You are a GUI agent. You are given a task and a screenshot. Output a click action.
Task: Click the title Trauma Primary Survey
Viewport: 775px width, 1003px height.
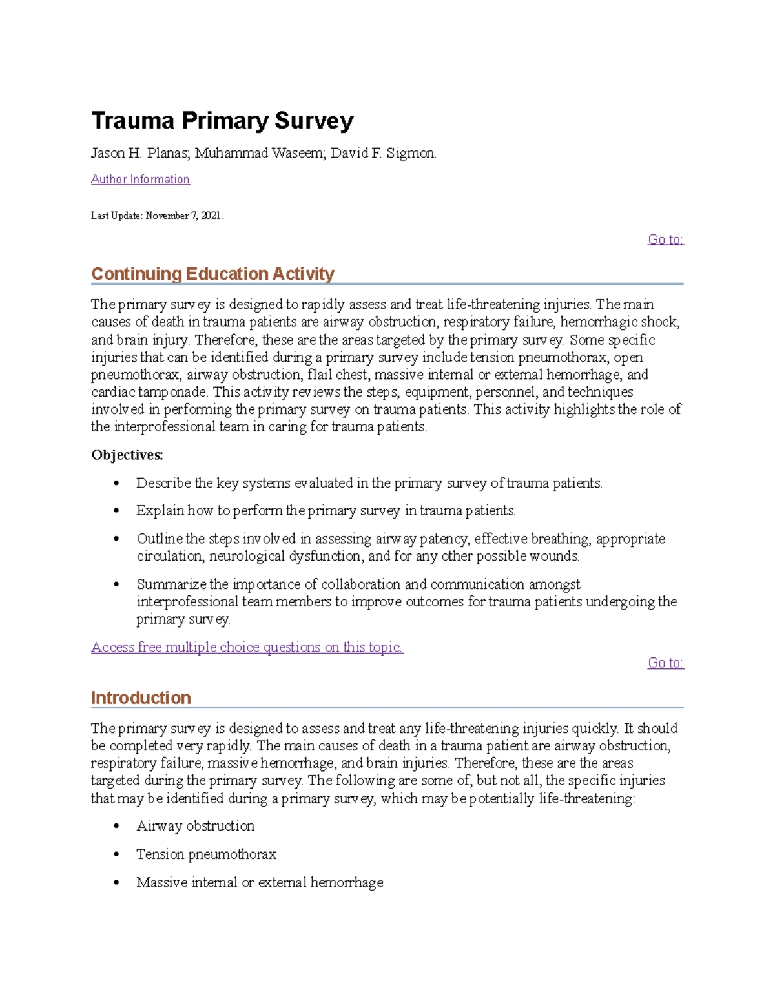pyautogui.click(x=222, y=121)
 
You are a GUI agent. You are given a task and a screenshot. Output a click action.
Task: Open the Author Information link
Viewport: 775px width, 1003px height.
pyautogui.click(x=140, y=180)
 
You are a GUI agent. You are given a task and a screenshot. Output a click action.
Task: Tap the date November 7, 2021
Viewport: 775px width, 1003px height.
pyautogui.click(x=183, y=216)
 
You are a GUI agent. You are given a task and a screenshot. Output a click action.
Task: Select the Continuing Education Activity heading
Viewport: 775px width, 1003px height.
pyautogui.click(x=212, y=274)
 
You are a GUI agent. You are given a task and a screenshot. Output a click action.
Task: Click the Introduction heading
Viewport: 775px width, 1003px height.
pyautogui.click(x=141, y=698)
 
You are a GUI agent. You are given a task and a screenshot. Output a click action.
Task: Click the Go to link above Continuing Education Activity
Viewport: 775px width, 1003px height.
pyautogui.click(x=665, y=240)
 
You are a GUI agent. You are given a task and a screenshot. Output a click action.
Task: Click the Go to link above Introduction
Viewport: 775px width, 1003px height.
pyautogui.click(x=665, y=663)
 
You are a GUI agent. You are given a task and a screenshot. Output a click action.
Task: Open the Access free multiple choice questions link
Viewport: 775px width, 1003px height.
pyautogui.click(x=247, y=647)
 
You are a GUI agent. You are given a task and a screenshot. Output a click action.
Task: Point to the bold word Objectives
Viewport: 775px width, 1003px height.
pyautogui.click(x=127, y=455)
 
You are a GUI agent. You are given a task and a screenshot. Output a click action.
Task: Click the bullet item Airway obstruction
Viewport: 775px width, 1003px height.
pyautogui.click(x=195, y=826)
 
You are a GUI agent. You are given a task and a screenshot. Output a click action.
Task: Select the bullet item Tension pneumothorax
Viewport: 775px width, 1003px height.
pyautogui.click(x=206, y=854)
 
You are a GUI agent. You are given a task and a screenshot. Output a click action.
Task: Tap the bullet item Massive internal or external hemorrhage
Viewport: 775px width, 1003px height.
pyautogui.click(x=260, y=883)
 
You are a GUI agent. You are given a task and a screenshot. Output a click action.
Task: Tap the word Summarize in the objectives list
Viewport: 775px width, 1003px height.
pyautogui.click(x=171, y=584)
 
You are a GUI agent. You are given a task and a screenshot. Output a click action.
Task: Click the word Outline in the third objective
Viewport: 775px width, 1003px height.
pyautogui.click(x=159, y=539)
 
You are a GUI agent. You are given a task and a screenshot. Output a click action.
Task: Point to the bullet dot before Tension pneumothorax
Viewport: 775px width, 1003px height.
pyautogui.click(x=116, y=854)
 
